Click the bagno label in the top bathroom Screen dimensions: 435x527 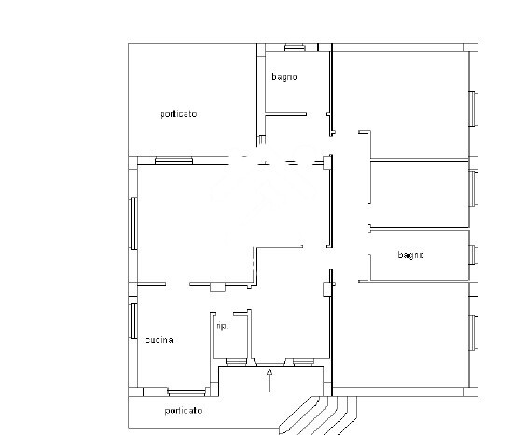coord(284,77)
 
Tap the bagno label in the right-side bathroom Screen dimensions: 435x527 coord(410,255)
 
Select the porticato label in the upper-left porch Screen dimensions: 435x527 coord(178,114)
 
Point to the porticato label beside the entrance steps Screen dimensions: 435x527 coord(184,411)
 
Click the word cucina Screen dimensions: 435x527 coord(159,340)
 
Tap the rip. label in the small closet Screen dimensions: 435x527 coord(222,328)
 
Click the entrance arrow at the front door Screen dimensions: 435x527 coord(270,378)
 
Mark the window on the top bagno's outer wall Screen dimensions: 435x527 coord(295,47)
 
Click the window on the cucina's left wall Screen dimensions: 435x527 coord(133,320)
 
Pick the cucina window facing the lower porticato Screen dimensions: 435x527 coord(185,392)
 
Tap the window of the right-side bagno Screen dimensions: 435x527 coord(473,255)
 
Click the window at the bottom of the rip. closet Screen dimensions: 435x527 coord(233,361)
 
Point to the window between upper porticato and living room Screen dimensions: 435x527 coord(174,160)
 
